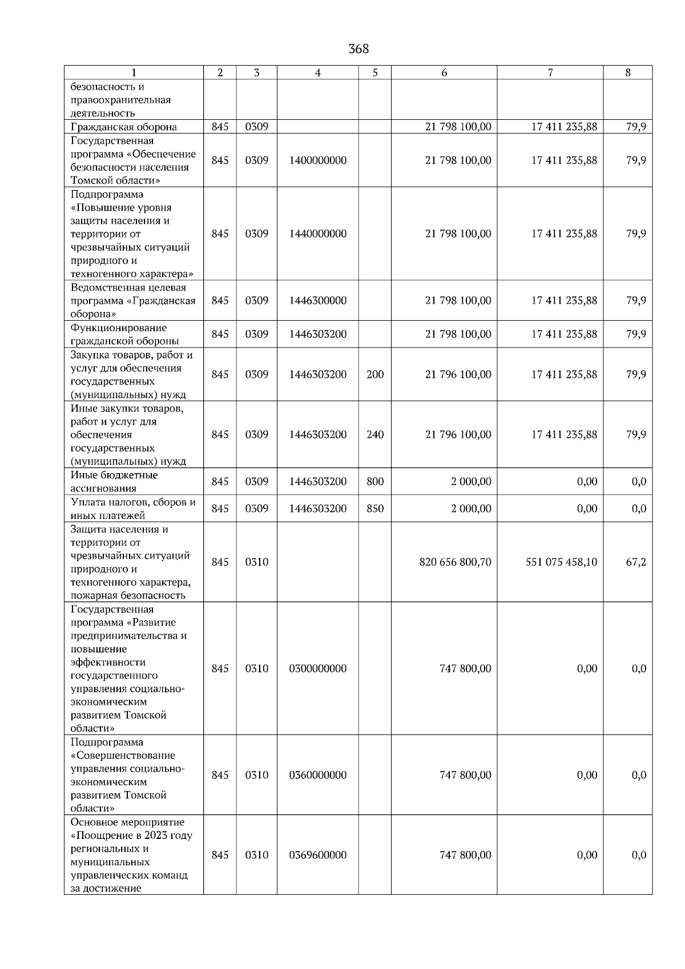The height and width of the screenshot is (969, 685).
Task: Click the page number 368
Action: (x=358, y=49)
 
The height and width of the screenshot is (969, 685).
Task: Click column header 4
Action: (x=317, y=72)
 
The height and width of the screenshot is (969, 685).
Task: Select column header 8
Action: (x=627, y=72)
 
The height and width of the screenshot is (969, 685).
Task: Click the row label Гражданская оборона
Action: (x=124, y=127)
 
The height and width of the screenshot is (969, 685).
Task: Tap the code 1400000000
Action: (x=317, y=160)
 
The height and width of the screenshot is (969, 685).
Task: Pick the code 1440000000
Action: (x=317, y=233)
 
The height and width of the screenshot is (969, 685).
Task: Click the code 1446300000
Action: (x=317, y=300)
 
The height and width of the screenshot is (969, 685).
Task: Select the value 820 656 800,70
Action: (x=455, y=562)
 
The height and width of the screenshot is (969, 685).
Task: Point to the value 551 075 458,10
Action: (x=561, y=562)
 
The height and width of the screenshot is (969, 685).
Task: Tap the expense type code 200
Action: (x=375, y=374)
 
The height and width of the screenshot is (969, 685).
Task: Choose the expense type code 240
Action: (x=375, y=434)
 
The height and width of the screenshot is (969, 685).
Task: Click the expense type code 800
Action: (x=375, y=482)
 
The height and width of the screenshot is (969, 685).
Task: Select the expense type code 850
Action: (x=375, y=508)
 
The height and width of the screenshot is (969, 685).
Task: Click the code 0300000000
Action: (x=317, y=668)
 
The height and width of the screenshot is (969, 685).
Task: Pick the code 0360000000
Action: (x=317, y=775)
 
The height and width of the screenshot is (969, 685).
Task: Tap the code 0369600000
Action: (x=317, y=855)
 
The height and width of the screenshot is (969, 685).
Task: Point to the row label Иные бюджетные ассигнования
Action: (x=114, y=482)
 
